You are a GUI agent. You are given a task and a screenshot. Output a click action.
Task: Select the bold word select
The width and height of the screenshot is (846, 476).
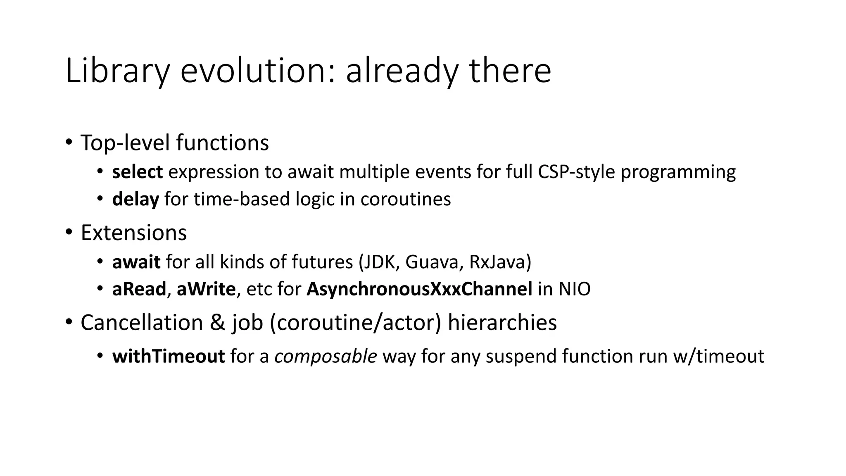point(137,172)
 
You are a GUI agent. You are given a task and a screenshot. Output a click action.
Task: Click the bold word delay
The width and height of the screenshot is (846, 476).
point(135,199)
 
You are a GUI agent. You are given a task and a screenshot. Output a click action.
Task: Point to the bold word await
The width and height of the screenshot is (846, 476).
point(136,262)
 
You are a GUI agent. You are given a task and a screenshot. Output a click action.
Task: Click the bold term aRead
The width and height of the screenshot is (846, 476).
point(139,289)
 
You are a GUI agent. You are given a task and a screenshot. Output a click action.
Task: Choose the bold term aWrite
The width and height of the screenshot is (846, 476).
point(206,289)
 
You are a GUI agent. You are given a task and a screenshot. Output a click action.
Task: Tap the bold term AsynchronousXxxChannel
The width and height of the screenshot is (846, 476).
point(419,289)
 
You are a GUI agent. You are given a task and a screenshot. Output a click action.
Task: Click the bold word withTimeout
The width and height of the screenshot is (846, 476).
point(168,356)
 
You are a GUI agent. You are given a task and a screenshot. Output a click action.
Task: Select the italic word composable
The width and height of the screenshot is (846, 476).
point(326,356)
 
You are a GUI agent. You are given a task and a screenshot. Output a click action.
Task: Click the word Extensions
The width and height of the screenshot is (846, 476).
point(133,233)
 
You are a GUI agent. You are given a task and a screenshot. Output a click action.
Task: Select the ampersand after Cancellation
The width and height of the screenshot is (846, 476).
point(217,322)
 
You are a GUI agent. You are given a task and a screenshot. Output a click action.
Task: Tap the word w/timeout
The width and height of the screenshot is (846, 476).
point(718,356)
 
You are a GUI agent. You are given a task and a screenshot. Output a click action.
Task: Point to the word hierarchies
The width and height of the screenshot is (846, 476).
point(502,322)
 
